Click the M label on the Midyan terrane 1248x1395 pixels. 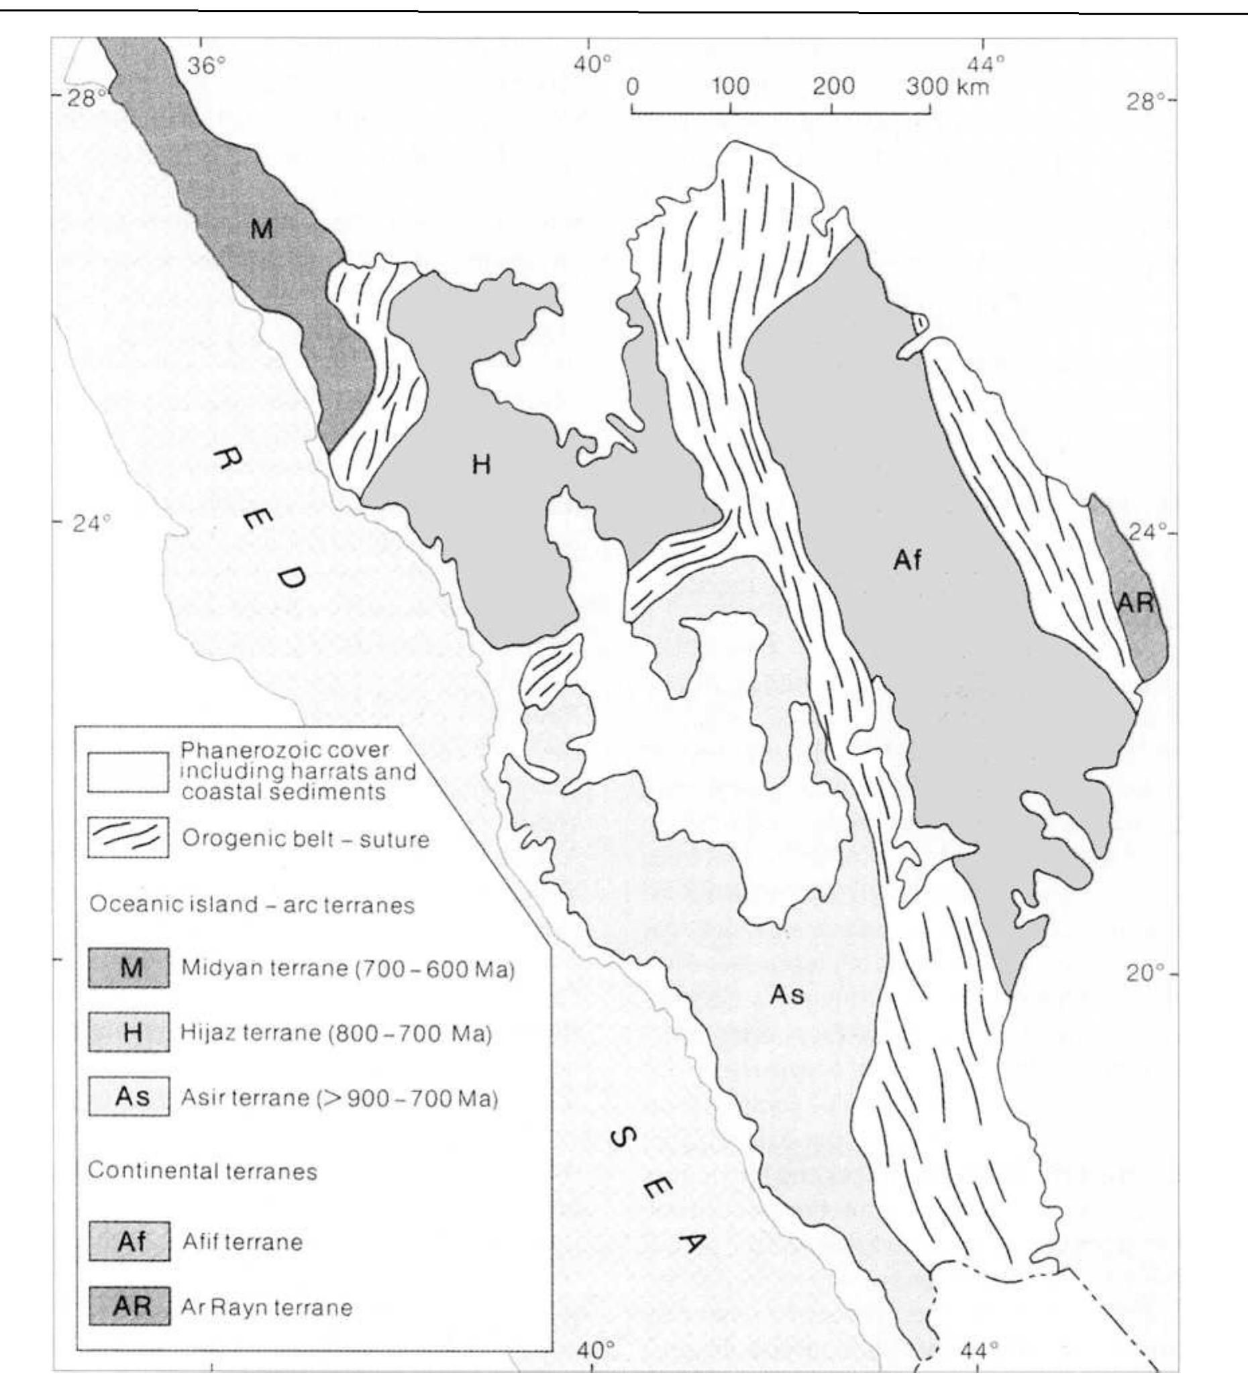(x=261, y=229)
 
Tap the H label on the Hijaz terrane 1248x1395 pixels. (x=481, y=465)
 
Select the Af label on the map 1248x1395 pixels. (x=906, y=561)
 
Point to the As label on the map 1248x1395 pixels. (x=786, y=994)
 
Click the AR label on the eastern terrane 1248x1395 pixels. (x=1135, y=603)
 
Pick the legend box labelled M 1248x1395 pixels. (x=129, y=968)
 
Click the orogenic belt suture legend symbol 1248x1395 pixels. (x=129, y=838)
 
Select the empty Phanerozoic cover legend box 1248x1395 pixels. (x=129, y=772)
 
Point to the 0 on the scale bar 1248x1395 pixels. (x=632, y=87)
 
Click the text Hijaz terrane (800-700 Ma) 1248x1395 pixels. (x=336, y=1032)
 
